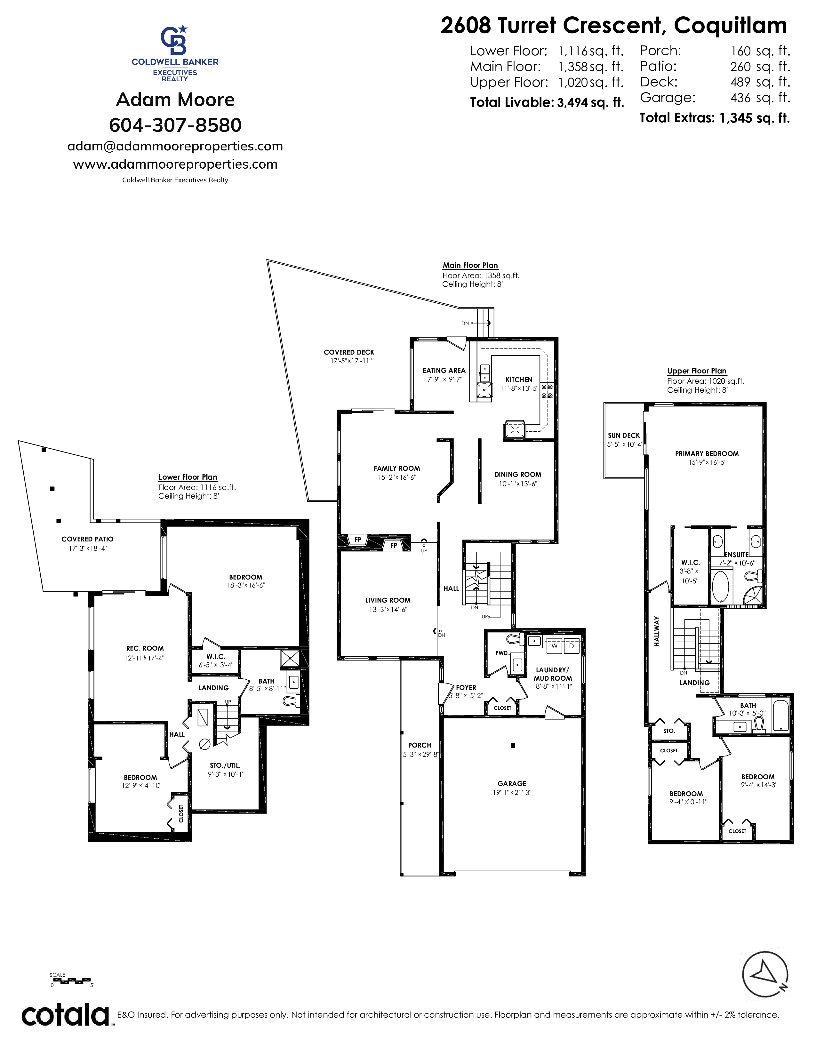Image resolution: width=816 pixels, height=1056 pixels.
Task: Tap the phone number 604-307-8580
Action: point(175,125)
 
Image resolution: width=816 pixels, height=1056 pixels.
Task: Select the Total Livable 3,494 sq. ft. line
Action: point(547,102)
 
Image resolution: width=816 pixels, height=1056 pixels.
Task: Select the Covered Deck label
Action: point(349,352)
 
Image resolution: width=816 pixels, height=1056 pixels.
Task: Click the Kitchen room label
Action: point(519,380)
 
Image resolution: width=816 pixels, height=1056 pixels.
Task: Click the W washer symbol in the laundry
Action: point(555,645)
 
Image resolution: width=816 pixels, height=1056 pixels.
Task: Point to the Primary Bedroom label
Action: point(707,453)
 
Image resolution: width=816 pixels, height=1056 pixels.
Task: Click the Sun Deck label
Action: point(624,435)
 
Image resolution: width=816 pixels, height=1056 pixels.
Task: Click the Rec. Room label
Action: point(145,648)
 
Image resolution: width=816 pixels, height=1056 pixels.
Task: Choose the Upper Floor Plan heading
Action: point(697,371)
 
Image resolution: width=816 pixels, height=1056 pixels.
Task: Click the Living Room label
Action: point(388,600)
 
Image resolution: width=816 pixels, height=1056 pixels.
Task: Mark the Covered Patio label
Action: point(87,539)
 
